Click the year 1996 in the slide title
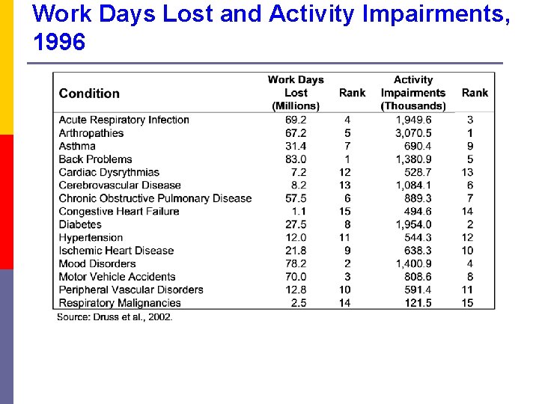(x=60, y=43)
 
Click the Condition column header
(x=89, y=94)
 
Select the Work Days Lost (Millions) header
(x=296, y=93)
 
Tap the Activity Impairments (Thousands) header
(x=413, y=93)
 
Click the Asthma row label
(x=77, y=146)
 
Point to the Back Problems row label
(x=95, y=159)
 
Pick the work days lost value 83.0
(x=296, y=159)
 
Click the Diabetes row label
(x=80, y=224)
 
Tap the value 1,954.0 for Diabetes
(x=413, y=224)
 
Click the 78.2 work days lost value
(x=296, y=263)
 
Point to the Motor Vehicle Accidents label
(x=117, y=277)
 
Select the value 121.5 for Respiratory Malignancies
(x=417, y=303)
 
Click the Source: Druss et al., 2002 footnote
(x=115, y=317)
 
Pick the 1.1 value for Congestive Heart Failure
(x=299, y=212)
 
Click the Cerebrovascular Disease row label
(x=120, y=186)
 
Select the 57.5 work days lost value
(x=296, y=198)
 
